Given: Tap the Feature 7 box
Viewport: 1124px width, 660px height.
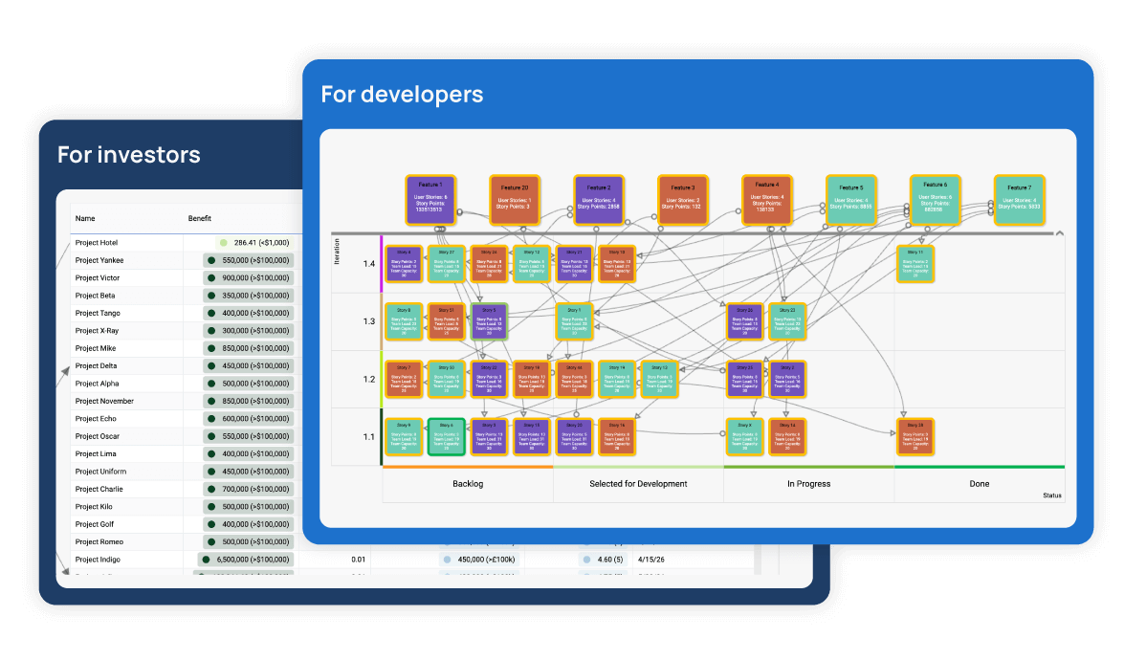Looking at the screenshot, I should pos(1020,199).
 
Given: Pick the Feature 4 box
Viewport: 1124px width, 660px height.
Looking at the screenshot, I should pos(767,199).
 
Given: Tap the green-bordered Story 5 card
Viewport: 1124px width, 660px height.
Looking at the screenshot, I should pos(489,321).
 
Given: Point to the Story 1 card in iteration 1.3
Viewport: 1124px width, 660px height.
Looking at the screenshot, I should pos(575,321).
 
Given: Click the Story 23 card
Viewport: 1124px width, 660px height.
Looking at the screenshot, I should pos(788,321).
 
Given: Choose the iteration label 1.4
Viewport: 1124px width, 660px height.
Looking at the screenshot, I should pos(369,263).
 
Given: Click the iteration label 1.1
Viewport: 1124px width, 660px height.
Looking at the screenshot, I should pos(369,436).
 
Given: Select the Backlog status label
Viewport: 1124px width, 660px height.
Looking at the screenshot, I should pos(468,484).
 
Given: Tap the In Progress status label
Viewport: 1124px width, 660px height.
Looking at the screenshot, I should pos(808,484).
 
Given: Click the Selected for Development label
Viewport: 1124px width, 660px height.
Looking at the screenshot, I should pos(638,484).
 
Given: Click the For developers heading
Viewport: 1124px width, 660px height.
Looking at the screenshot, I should pos(402,94).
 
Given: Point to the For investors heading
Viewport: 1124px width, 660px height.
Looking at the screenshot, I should pos(129,154).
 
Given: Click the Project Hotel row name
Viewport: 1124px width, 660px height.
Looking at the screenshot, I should pos(98,243).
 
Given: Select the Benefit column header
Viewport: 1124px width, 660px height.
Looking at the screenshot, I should pos(200,218).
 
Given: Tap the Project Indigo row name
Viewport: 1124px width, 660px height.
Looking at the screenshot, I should pos(99,560).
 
